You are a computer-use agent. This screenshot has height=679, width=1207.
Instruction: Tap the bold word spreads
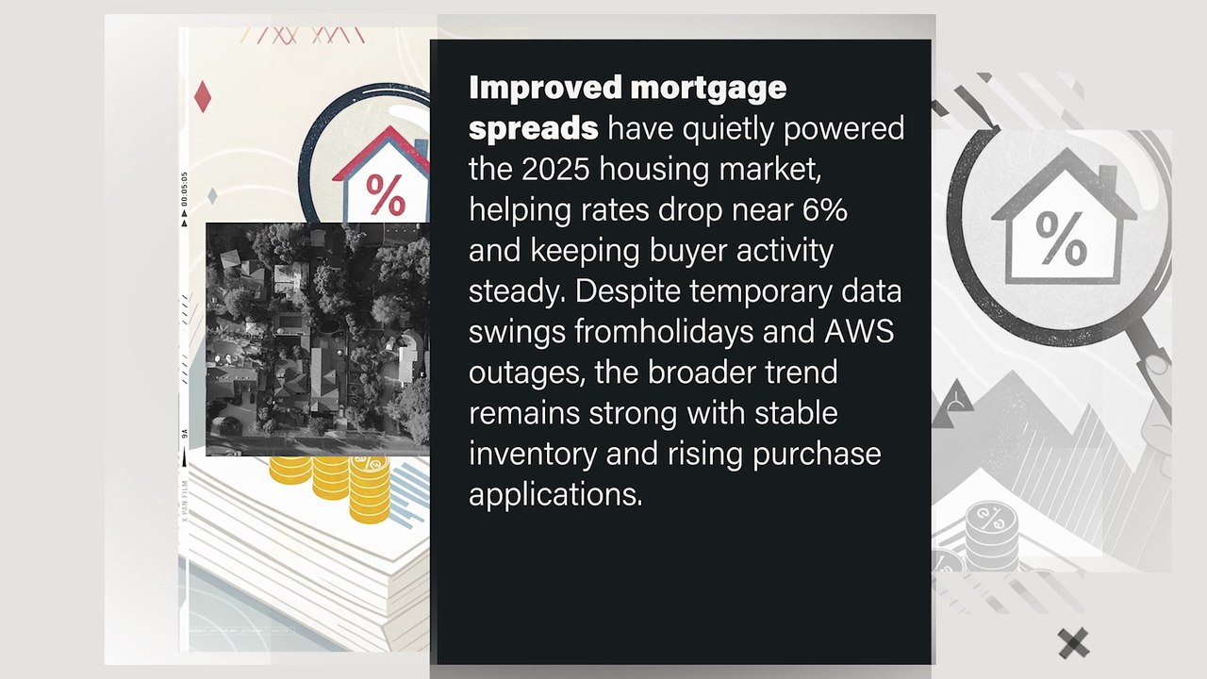533,128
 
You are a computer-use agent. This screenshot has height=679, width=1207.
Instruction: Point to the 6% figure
821,210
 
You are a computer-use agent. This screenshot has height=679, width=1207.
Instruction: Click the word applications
555,495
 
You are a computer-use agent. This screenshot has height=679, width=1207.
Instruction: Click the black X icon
1073,643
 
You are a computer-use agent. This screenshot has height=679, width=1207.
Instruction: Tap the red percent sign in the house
384,194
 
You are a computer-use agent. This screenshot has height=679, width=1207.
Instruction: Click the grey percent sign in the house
1061,237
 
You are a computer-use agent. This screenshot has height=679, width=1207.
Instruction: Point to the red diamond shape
202,96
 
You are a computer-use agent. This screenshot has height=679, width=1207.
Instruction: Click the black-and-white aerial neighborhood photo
317,339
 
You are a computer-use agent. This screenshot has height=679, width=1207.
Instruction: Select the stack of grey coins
991,535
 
